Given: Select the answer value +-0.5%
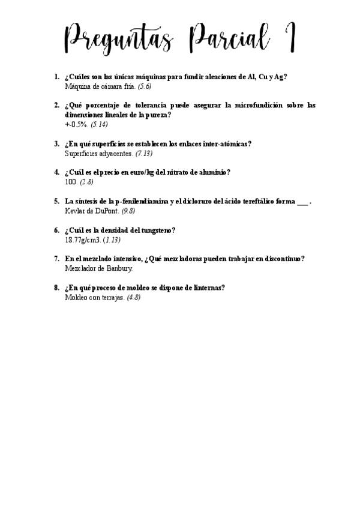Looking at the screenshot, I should pyautogui.click(x=76, y=124).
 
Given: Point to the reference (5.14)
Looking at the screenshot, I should pyautogui.click(x=99, y=124).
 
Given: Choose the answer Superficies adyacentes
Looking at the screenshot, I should pyautogui.click(x=98, y=153).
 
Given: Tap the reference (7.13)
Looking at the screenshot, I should pyautogui.click(x=145, y=153).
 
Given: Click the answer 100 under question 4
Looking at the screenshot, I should pyautogui.click(x=70, y=182).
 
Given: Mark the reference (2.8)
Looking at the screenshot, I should pyautogui.click(x=86, y=182).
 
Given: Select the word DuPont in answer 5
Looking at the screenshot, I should pyautogui.click(x=106, y=211).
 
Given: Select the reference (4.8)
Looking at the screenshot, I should pyautogui.click(x=134, y=297).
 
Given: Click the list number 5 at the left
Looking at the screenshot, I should pyautogui.click(x=56, y=201).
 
